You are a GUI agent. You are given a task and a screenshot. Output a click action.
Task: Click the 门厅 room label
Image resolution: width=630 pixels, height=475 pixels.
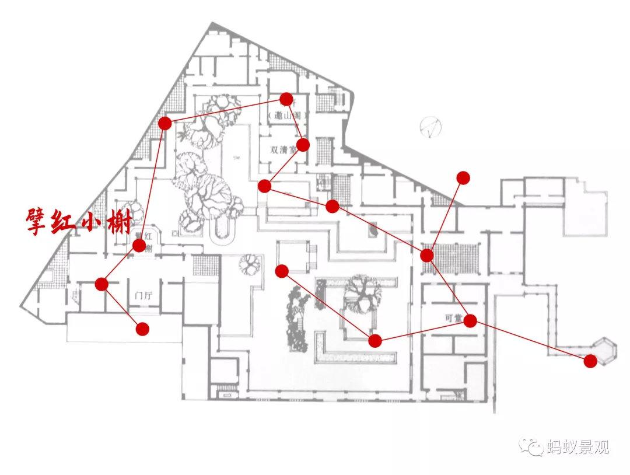[143, 295]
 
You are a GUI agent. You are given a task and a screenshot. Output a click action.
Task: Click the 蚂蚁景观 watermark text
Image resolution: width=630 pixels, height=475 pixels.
[577, 448]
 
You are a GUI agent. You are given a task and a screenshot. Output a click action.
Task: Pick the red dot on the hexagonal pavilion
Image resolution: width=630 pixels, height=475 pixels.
[590, 361]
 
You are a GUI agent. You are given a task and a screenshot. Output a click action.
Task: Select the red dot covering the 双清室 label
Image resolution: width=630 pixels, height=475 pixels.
[303, 145]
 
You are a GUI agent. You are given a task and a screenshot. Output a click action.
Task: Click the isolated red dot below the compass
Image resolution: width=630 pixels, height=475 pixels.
[463, 177]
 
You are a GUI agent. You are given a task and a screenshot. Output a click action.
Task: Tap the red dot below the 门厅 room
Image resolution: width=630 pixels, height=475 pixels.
[142, 329]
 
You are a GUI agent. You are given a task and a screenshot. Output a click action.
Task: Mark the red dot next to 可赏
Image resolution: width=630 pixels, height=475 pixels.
[470, 320]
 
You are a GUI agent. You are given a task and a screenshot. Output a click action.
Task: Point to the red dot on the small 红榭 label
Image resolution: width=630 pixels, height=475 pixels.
[139, 245]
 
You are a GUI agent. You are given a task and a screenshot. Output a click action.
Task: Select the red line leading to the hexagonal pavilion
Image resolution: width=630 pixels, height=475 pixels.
[531, 341]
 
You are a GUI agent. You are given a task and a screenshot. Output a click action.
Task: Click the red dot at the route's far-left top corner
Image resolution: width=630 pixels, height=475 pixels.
[165, 123]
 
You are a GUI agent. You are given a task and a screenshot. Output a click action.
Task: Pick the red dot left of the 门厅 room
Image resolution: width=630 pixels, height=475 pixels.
[101, 284]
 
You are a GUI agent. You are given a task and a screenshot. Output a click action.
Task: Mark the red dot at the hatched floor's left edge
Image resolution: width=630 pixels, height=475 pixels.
[427, 255]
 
